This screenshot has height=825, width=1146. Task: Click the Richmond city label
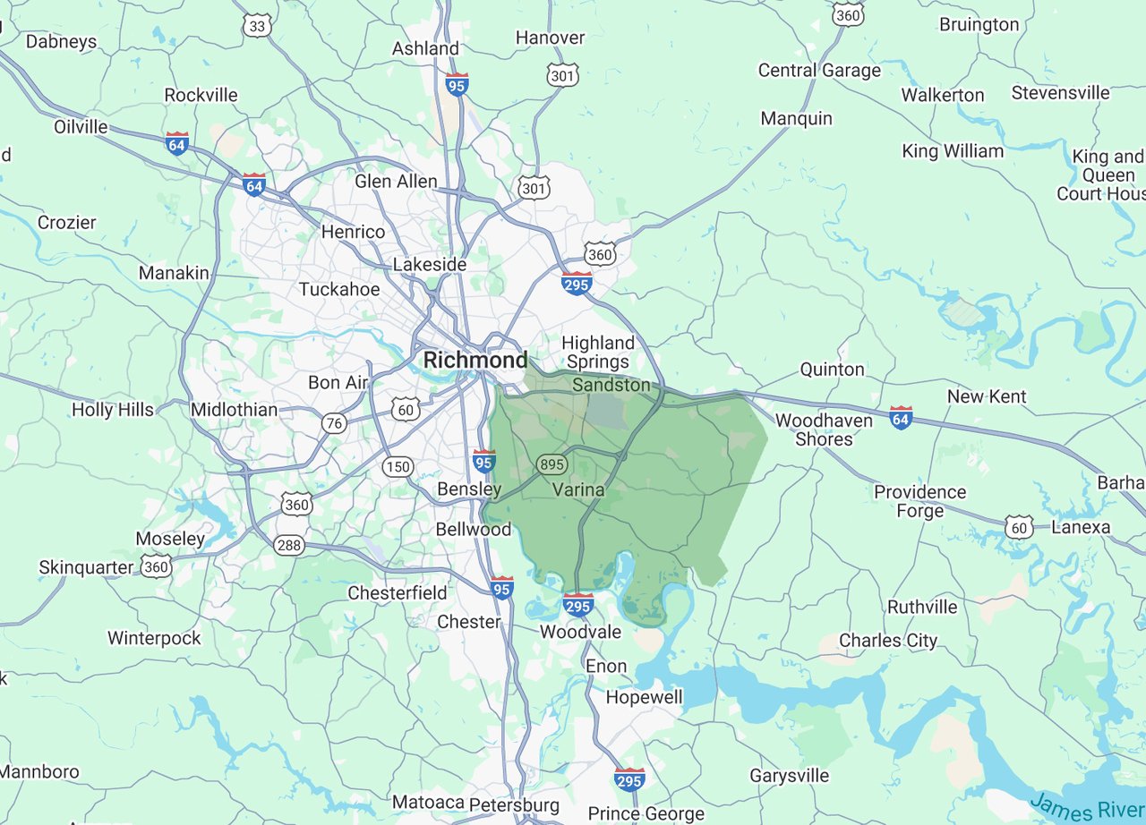coord(475,361)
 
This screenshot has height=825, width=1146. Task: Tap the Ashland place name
coord(425,48)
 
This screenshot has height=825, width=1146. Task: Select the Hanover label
coord(550,38)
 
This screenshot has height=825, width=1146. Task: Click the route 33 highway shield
coord(257,26)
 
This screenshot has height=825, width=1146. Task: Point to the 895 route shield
coord(551,464)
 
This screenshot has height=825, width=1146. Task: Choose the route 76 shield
coord(335,423)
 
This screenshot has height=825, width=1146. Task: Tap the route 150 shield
coord(397,466)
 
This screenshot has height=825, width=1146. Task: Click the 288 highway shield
coord(289,545)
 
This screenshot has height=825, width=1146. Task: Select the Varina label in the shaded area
coord(577,490)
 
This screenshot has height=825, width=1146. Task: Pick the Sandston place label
coord(611,385)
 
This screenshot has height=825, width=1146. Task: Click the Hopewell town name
coord(644,697)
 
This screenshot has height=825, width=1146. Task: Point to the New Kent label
coord(987,396)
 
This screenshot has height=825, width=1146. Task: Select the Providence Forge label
coord(919,501)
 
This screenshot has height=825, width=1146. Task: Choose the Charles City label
coord(888,641)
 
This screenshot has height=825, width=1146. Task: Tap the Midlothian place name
coord(235,410)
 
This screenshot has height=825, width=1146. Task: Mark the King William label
coord(953,151)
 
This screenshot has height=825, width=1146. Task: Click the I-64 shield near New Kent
coord(901,418)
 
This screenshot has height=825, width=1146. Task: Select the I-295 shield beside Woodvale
coord(578,605)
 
